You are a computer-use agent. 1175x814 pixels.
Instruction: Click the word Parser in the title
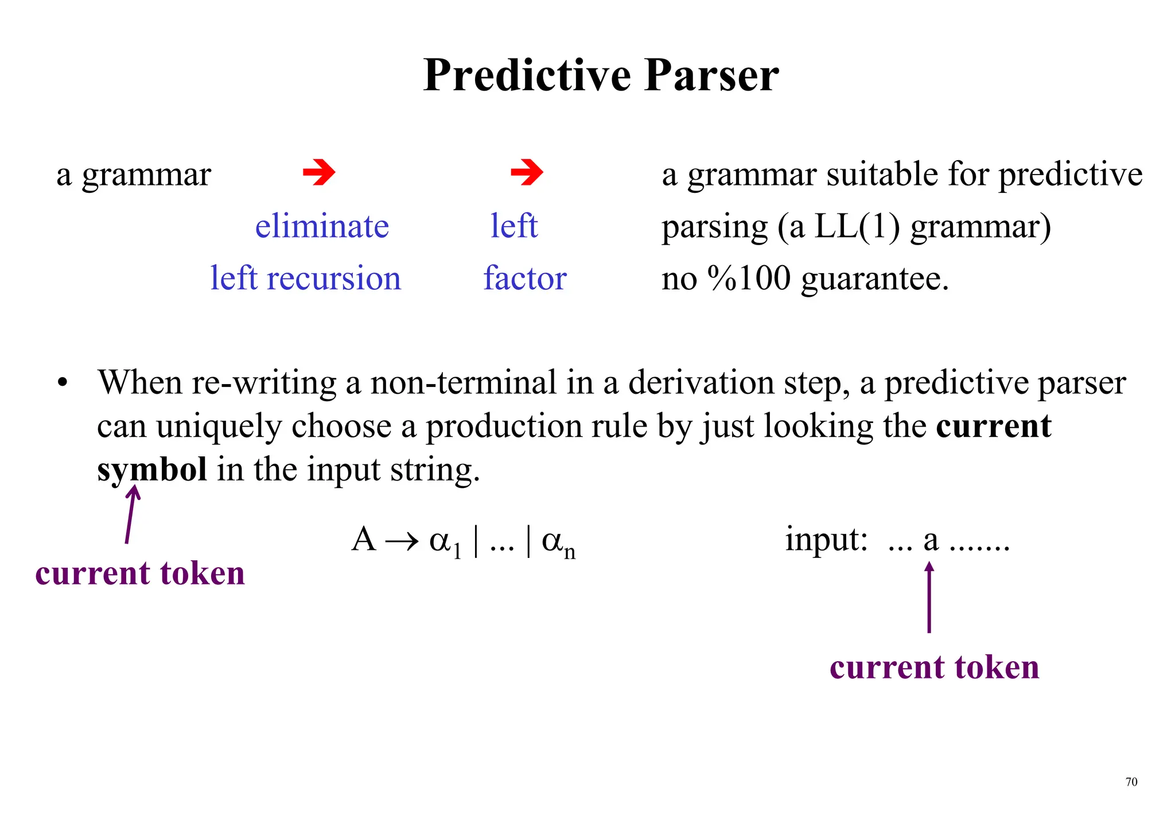coord(711,76)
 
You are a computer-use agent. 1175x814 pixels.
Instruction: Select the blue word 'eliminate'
coord(322,226)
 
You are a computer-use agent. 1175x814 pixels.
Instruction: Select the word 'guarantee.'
coord(875,280)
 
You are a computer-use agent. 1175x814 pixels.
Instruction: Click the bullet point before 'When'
coord(63,383)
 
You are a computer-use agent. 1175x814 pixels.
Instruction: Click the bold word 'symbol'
coord(152,470)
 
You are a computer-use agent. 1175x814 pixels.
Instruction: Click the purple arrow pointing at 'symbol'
coord(131,514)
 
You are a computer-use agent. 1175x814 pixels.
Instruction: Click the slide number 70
coord(1131,782)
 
